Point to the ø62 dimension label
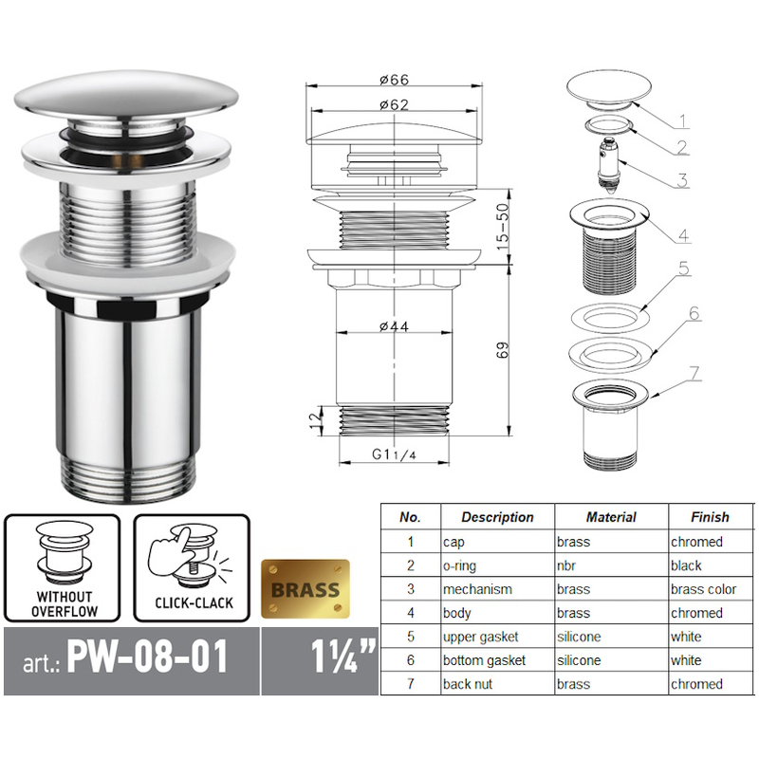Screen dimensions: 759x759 coord(394,105)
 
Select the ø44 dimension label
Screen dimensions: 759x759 coord(394,327)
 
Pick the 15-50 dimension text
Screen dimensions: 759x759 coord(503,226)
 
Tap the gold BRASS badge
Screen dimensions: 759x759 coord(305,588)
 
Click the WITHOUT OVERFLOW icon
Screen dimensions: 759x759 coord(63,566)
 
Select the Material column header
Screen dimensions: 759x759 coord(610,517)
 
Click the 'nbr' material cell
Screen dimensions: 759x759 coord(569,565)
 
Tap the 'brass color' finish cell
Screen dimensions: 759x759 coord(703,589)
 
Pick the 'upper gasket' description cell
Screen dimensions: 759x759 coord(480,637)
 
